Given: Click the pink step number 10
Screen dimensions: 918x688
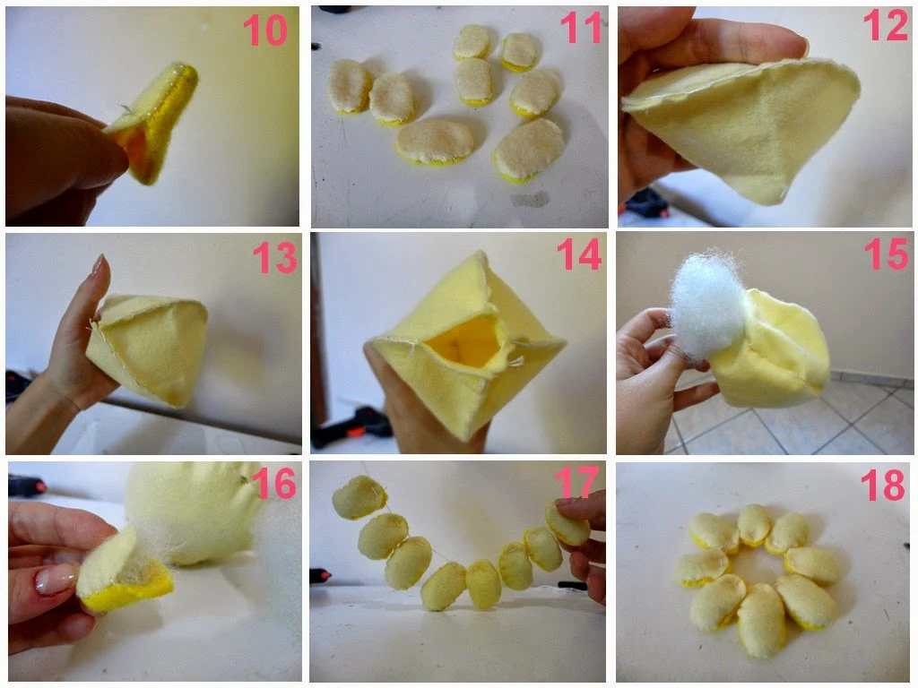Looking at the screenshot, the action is tap(264, 30).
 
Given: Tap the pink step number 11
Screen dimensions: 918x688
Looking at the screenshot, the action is tap(580, 28).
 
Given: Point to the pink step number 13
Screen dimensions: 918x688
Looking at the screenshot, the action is tap(274, 258).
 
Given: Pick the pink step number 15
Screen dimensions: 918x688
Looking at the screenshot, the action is tap(886, 254).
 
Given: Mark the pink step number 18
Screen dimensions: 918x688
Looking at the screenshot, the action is tap(883, 485).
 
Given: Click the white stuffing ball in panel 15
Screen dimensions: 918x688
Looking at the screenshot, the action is tap(707, 305).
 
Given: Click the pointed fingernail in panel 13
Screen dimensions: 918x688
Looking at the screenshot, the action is tap(98, 264).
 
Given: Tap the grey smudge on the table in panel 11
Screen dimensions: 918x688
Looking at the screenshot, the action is tap(531, 200).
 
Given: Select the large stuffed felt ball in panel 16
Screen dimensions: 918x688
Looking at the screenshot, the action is tap(194, 511).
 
